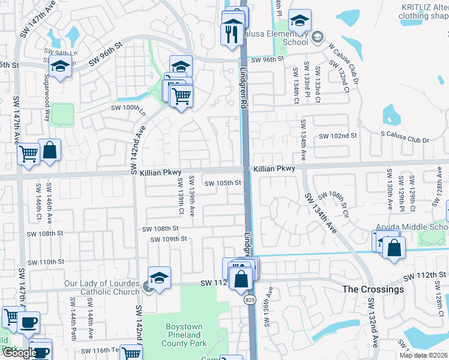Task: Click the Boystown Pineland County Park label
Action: point(184,335)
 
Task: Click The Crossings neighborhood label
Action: point(373,289)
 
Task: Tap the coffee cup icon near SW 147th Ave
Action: point(28,322)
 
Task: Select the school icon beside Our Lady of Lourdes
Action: point(159,278)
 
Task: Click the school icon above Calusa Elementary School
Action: point(299,20)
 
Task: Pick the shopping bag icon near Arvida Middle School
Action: point(394,248)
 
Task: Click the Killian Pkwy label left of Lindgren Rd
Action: point(152,172)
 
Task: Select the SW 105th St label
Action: point(223,183)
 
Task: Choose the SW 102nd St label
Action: point(337,136)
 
